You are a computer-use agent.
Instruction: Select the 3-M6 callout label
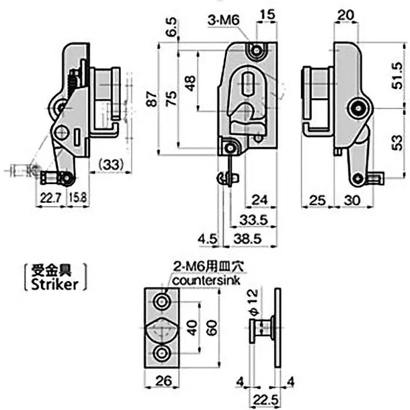coord(222,20)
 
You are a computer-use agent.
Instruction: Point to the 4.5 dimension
coord(208,238)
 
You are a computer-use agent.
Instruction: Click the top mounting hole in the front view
coord(256,50)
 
